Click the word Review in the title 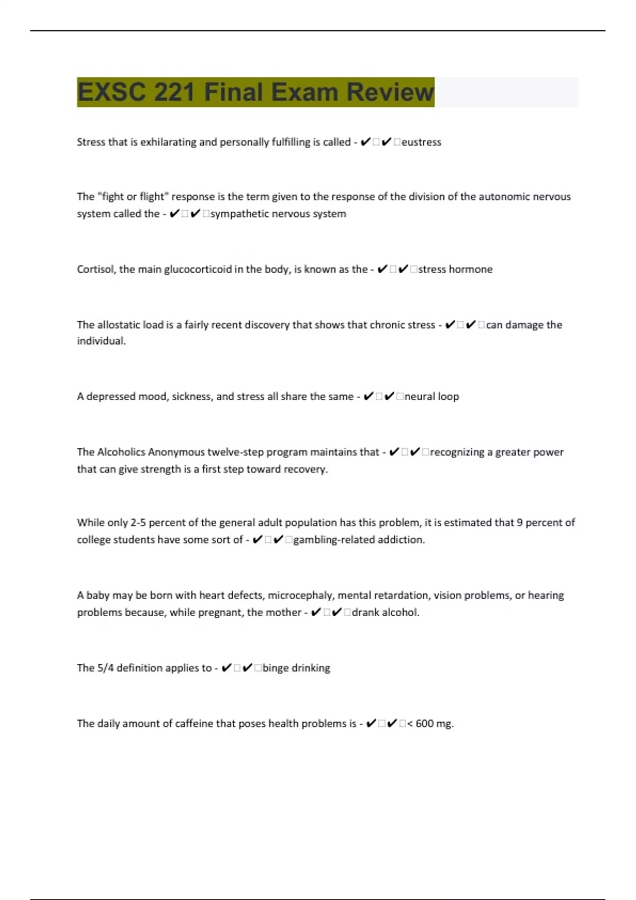pos(390,92)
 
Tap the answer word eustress pos(421,142)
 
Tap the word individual pos(101,341)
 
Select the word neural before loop pos(420,397)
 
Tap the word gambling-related pos(326,540)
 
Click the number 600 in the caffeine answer pos(425,724)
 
